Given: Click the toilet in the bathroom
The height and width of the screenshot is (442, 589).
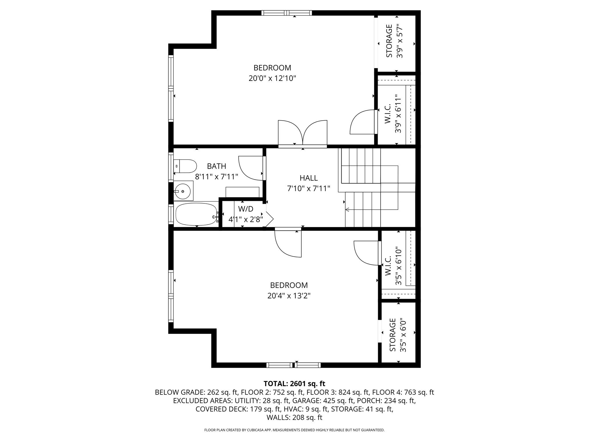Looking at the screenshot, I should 186,166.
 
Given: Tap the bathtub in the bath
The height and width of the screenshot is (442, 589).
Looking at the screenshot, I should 196,215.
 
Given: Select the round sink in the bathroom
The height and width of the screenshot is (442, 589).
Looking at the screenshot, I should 183,191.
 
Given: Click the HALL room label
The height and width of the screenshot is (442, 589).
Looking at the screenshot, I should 309,178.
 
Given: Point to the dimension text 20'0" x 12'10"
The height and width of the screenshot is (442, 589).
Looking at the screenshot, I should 272,78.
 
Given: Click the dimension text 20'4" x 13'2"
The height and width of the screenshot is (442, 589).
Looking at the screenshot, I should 289,296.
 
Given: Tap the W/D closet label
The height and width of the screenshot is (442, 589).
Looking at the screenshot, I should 246,209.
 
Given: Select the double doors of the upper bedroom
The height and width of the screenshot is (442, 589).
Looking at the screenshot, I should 303,134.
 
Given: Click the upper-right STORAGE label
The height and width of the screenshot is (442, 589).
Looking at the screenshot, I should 389,41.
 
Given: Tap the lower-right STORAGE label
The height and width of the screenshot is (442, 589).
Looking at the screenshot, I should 393,335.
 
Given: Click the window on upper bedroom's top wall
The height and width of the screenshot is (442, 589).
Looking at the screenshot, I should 286,13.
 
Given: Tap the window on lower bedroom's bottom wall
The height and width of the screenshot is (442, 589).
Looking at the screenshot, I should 293,365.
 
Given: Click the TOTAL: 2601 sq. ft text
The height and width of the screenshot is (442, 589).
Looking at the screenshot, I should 294,384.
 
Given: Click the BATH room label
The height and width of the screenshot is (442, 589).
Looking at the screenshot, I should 217,166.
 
